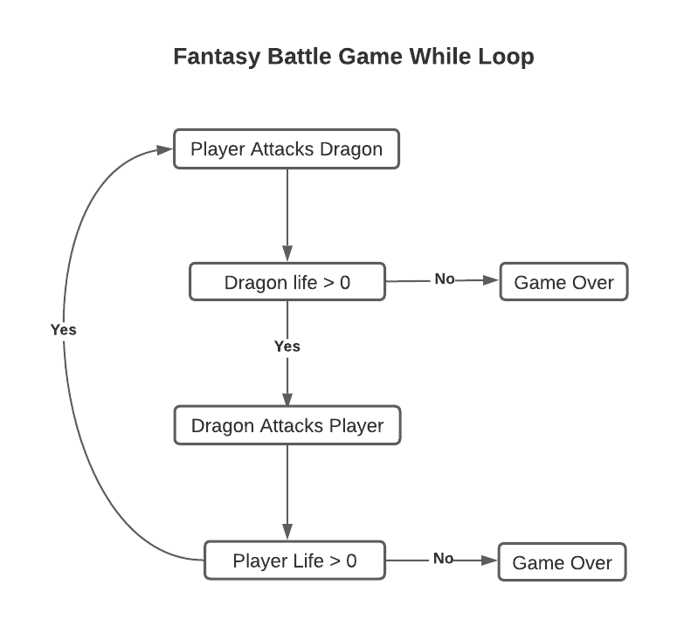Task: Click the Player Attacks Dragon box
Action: click(x=287, y=149)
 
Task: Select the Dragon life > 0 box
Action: click(x=287, y=282)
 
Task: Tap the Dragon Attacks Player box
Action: click(x=287, y=426)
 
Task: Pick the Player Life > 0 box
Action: click(x=294, y=560)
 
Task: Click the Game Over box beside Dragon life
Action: click(x=563, y=282)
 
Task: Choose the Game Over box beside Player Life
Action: click(x=562, y=562)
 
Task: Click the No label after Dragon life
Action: click(x=445, y=279)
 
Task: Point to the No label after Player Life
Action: click(x=444, y=559)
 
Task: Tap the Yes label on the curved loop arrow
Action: click(x=64, y=330)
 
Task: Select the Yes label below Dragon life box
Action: click(x=287, y=347)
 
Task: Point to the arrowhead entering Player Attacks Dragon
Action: click(x=165, y=149)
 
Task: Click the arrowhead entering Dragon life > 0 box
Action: click(x=287, y=255)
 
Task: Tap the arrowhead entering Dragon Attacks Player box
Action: click(x=287, y=398)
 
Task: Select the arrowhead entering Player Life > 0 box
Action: click(x=287, y=533)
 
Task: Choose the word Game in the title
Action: click(x=369, y=58)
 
